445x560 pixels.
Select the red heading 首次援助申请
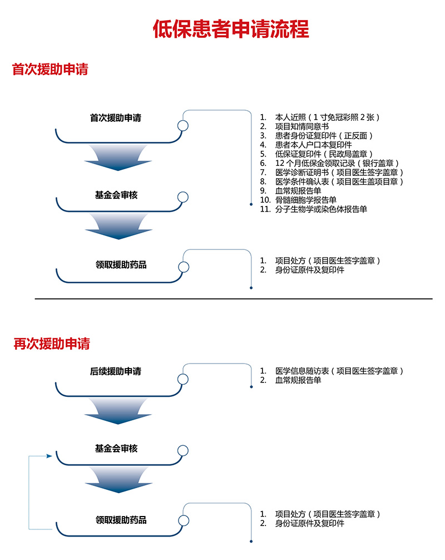tap(50, 69)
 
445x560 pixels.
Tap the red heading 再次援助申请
tap(52, 343)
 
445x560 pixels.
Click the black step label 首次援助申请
tap(116, 118)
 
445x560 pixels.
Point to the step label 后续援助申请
tap(116, 371)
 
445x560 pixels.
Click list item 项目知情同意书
tap(302, 126)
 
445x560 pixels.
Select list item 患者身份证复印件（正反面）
tap(324, 136)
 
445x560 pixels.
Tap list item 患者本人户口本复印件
tap(313, 145)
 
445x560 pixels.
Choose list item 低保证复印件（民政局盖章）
tap(324, 154)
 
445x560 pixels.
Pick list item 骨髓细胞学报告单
tap(306, 200)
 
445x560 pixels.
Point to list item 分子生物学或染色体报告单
tap(321, 209)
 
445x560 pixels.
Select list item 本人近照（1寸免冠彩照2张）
tap(327, 117)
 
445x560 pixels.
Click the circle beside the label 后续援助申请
tap(183, 379)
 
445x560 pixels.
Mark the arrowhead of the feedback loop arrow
tap(50, 456)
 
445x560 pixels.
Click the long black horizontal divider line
tap(234, 298)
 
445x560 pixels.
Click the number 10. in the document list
tap(265, 200)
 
